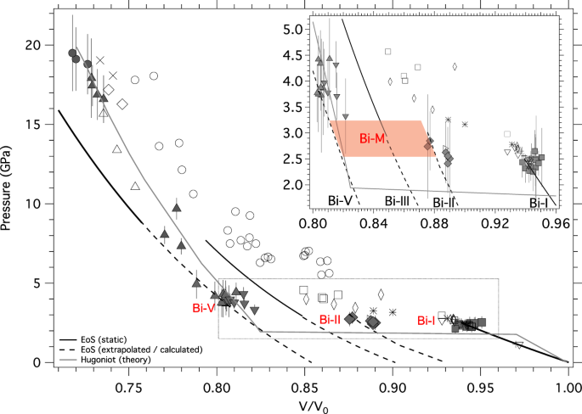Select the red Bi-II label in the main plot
(330, 319)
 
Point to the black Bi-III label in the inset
(401, 201)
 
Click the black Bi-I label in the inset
(539, 202)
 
